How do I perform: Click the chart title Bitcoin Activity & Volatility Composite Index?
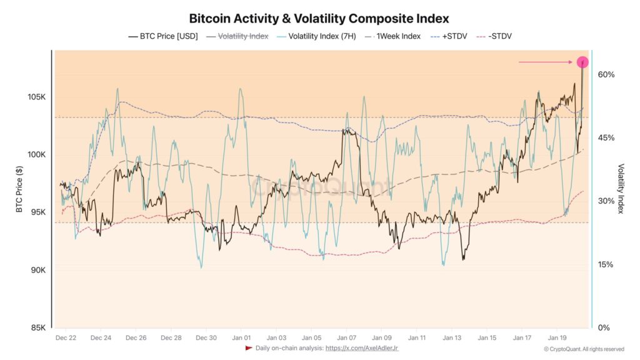click(x=319, y=19)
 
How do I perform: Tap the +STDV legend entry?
click(x=449, y=36)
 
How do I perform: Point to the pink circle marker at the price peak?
click(x=582, y=62)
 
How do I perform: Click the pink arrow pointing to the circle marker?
click(x=546, y=62)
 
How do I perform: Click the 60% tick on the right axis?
click(x=606, y=74)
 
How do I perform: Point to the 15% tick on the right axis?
click(x=606, y=264)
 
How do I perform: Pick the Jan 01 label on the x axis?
click(x=241, y=338)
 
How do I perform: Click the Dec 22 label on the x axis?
click(x=66, y=338)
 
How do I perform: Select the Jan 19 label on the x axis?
click(x=557, y=338)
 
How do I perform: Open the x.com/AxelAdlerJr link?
click(x=362, y=347)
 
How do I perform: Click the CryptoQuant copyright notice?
click(x=584, y=349)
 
